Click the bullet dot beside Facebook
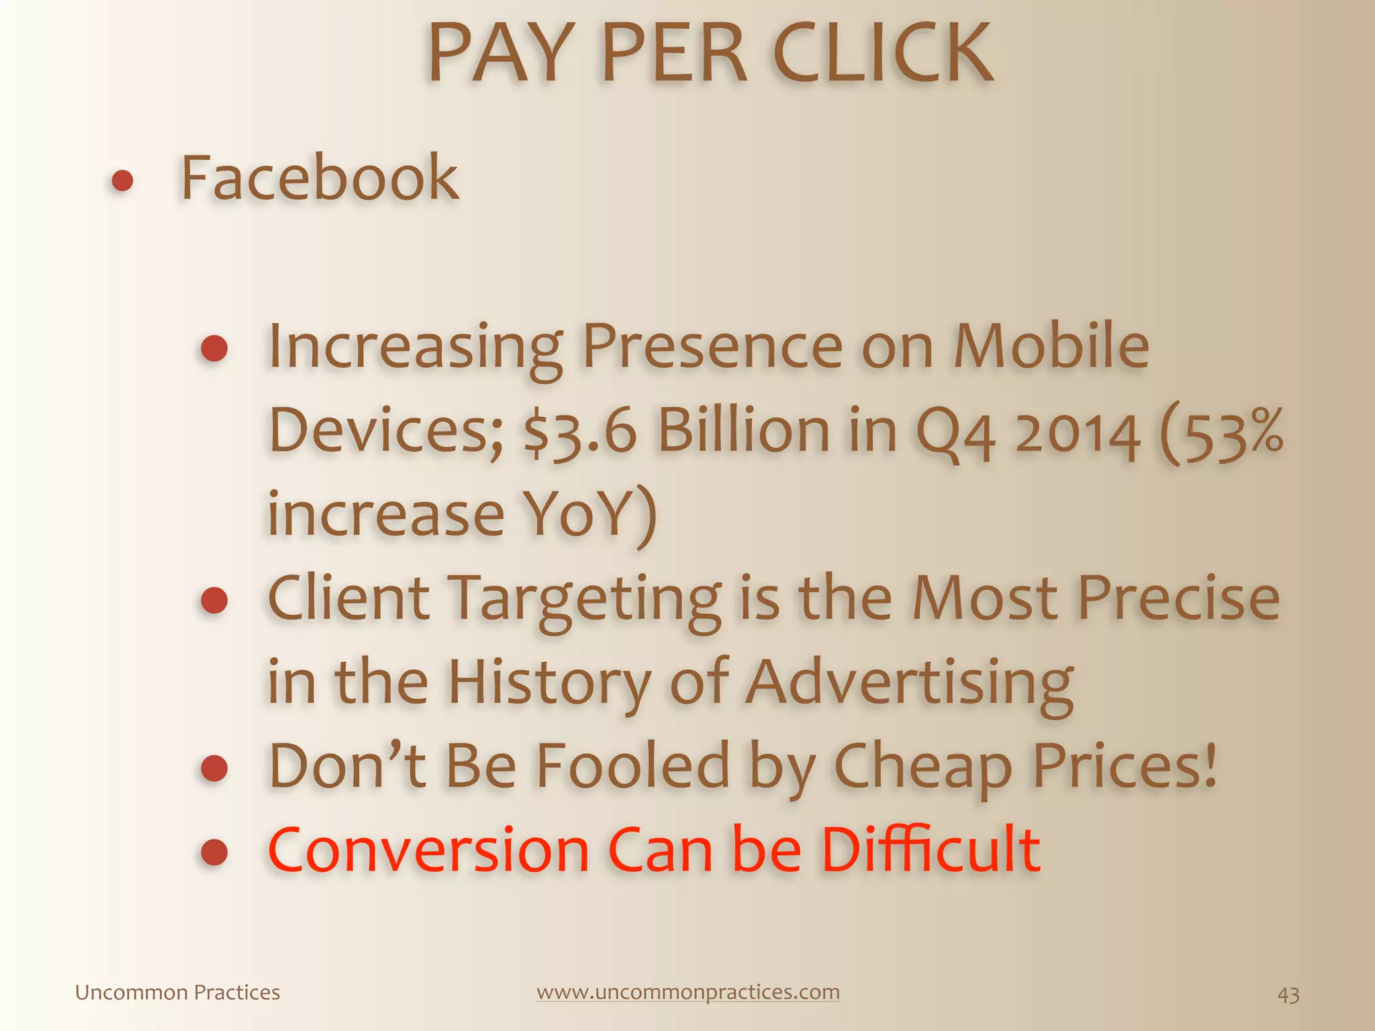122,181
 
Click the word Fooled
632,766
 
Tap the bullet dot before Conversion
214,852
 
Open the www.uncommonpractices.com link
688,992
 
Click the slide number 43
1288,995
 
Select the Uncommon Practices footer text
177,992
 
